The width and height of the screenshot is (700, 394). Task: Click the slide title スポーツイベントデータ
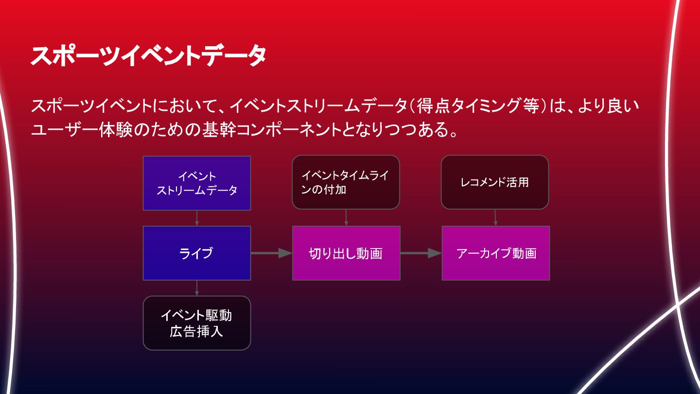tap(148, 56)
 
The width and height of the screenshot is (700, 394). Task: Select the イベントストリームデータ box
tap(197, 183)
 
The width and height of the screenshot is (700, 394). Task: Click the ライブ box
tap(197, 253)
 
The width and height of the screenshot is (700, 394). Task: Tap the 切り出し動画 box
tap(346, 253)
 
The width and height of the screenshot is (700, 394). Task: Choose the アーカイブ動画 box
tap(496, 253)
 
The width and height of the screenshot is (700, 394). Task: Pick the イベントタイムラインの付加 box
tap(346, 182)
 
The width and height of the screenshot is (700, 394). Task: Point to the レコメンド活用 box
tap(494, 182)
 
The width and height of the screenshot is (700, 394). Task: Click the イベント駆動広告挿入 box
tap(197, 323)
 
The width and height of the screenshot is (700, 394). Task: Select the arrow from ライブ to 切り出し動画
tap(271, 253)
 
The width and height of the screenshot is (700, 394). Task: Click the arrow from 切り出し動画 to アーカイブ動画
tap(421, 253)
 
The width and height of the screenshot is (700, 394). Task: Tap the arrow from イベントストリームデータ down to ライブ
tap(197, 218)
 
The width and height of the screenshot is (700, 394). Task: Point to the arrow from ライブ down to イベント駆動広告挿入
tap(197, 288)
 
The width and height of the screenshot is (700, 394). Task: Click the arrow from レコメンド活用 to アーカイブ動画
tap(495, 217)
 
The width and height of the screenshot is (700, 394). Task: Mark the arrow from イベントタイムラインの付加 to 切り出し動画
tap(346, 217)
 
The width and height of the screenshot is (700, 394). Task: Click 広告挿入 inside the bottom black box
tap(196, 332)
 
